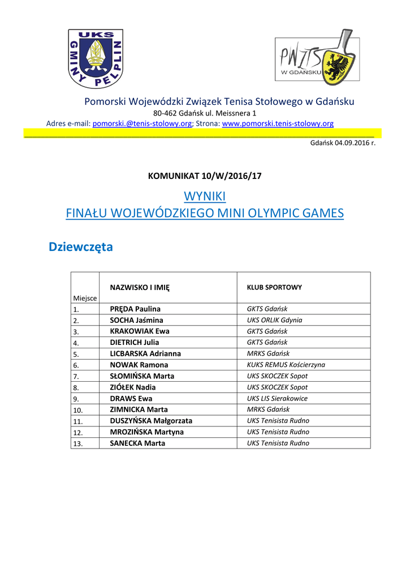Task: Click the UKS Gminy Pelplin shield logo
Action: (x=96, y=59)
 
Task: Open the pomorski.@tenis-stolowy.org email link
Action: (x=142, y=123)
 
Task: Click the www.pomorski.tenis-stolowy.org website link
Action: (x=278, y=123)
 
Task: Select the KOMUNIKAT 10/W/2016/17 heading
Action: (x=205, y=176)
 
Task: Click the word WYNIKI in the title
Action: (x=205, y=196)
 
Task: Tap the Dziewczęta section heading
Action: (x=81, y=247)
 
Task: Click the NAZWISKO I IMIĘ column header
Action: (x=140, y=287)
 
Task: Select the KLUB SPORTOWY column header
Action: (x=274, y=287)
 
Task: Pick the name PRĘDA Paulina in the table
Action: (x=135, y=309)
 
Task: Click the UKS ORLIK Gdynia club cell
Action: (x=274, y=320)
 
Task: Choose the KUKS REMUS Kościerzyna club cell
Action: (x=286, y=365)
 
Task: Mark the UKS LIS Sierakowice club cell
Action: (x=277, y=398)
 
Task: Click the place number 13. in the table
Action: (x=78, y=443)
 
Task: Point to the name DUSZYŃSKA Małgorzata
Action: (x=151, y=421)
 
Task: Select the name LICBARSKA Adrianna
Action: (x=145, y=353)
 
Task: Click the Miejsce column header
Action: (x=84, y=298)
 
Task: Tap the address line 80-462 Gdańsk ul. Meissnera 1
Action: (x=205, y=113)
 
